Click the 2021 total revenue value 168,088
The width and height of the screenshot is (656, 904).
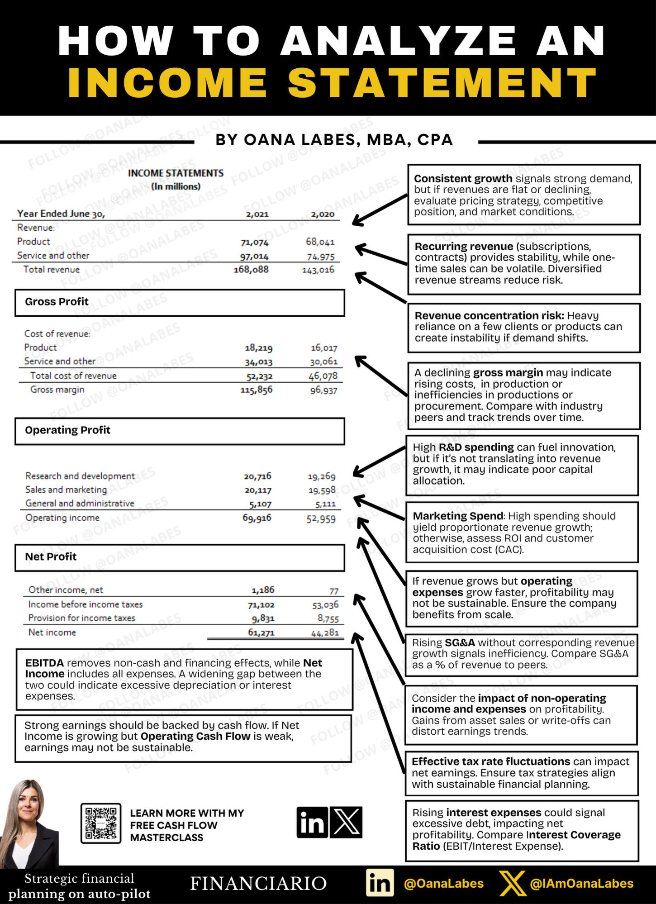251,270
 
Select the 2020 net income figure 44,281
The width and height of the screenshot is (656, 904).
325,633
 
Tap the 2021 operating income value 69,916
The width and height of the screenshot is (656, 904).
257,518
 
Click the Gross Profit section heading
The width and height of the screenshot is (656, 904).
57,302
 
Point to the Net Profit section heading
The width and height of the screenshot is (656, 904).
51,557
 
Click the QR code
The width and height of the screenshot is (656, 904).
101,823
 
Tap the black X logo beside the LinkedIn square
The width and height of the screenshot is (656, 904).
346,822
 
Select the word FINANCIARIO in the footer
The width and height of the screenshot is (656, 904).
258,884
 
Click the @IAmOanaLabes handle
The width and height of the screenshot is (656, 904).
581,884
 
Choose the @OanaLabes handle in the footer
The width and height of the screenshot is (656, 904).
443,884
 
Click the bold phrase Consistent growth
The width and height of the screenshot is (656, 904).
463,179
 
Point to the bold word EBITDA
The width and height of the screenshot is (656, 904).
44,663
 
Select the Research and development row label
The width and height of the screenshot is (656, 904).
80,476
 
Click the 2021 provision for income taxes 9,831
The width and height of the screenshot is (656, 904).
263,619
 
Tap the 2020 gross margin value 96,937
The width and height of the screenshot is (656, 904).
323,390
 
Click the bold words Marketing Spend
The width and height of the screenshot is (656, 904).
457,516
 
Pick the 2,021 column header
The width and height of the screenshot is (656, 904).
257,214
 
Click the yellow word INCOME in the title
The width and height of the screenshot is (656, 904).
167,83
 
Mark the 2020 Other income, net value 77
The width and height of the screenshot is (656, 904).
334,591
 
